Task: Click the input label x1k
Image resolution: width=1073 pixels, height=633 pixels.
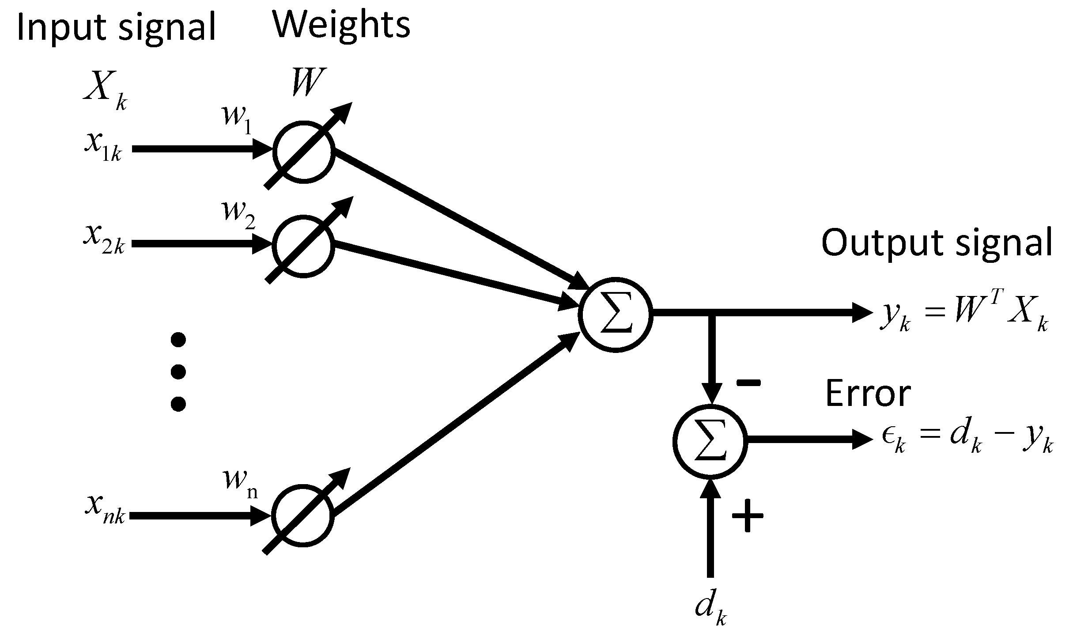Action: (x=102, y=147)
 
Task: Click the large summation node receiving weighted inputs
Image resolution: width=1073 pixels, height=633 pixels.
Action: (x=616, y=315)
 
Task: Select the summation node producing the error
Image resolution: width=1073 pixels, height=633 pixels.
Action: (x=710, y=440)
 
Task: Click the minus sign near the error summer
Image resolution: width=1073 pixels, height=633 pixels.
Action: (x=748, y=383)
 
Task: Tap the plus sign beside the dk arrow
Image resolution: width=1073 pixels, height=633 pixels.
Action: (x=748, y=515)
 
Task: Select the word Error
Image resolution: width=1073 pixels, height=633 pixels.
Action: (x=868, y=393)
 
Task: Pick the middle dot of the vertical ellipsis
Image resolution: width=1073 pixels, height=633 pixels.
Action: (x=178, y=371)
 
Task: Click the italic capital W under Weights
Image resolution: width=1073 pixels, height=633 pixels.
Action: (x=306, y=82)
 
